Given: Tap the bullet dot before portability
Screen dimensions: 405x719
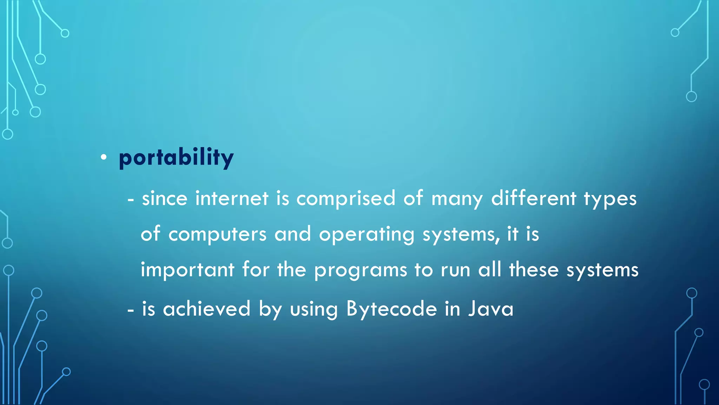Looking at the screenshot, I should point(103,157).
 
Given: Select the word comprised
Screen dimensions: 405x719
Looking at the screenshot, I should point(346,199).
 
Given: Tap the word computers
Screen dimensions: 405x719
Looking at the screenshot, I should point(217,234).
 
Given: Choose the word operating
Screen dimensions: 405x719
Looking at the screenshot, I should point(367,234).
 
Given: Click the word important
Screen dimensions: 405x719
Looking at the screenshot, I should point(187,270).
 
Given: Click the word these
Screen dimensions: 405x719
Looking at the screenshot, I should point(534,270).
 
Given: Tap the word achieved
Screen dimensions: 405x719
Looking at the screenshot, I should point(207,309).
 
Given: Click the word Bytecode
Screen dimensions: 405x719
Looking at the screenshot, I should point(391,309).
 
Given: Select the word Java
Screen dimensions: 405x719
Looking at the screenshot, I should point(490,309).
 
